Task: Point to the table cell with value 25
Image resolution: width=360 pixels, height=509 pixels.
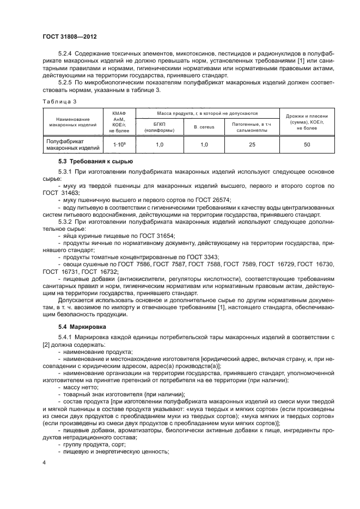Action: click(x=252, y=144)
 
